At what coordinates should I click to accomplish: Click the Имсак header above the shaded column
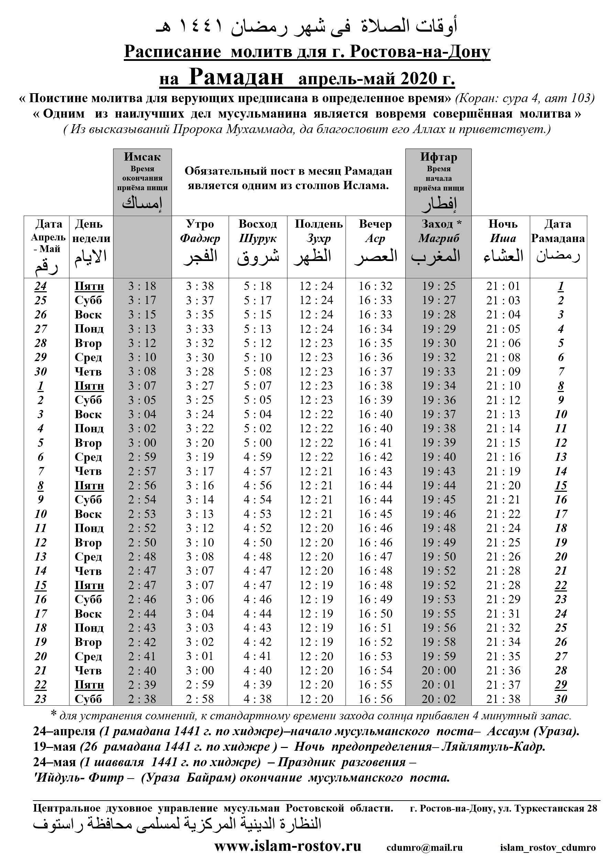[x=142, y=156]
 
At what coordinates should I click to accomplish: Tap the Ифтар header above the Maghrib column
[x=438, y=156]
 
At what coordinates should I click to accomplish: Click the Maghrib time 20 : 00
[x=438, y=670]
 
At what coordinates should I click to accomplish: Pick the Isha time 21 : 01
[x=503, y=286]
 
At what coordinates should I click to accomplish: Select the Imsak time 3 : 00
[x=142, y=443]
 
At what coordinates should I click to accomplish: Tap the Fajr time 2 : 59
[x=200, y=685]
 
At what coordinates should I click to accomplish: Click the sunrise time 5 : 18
[x=258, y=286]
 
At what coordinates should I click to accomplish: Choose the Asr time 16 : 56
[x=375, y=699]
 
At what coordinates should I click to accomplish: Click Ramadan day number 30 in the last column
[x=560, y=699]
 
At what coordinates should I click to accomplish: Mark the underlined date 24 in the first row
[x=41, y=286]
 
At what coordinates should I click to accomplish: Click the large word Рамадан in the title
[x=236, y=77]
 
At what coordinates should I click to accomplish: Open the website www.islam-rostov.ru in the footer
[x=288, y=846]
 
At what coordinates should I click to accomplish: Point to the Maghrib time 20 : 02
[x=438, y=699]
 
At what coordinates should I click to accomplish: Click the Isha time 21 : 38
[x=503, y=699]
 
